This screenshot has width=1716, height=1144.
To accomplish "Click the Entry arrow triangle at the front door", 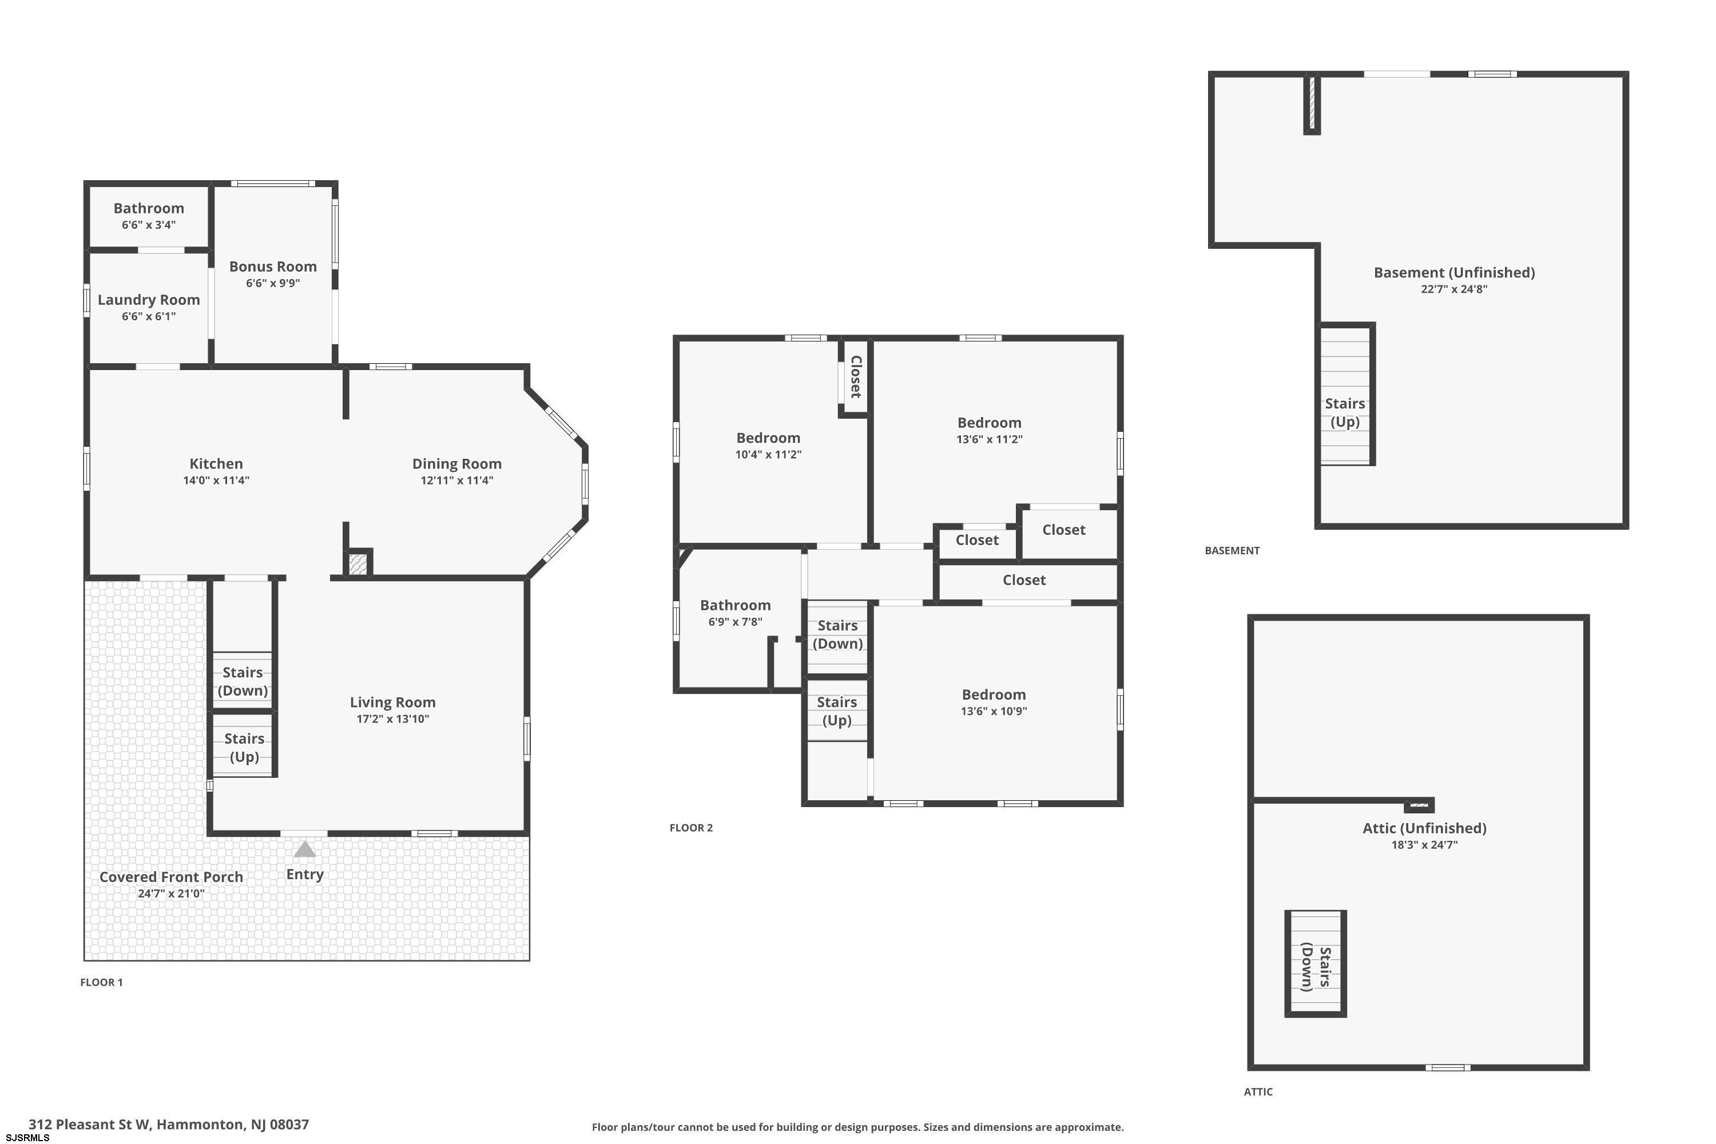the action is click(305, 849).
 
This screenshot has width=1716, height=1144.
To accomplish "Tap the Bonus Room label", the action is click(273, 267).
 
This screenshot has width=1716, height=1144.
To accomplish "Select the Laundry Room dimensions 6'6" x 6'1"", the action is click(149, 316).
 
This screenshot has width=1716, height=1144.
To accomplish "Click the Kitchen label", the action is click(216, 463).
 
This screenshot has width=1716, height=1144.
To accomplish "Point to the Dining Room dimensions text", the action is click(456, 480).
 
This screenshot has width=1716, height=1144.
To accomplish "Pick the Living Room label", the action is click(392, 702).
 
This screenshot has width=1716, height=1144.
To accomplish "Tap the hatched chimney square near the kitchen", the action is click(357, 564).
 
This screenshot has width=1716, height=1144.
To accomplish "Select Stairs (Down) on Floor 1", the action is click(243, 681).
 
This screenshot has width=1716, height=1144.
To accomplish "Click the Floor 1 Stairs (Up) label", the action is click(244, 748).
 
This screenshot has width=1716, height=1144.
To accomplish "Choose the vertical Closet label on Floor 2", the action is click(856, 376).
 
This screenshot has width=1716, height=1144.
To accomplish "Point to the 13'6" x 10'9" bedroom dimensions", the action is click(994, 710).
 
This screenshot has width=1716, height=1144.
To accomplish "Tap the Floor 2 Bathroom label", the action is click(736, 605).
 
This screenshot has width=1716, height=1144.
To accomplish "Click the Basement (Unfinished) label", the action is click(1454, 272).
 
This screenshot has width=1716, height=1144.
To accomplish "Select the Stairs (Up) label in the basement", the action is click(1345, 412).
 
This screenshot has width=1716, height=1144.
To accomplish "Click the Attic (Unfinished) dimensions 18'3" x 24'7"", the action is click(1424, 845).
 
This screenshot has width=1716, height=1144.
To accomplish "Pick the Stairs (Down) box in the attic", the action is click(1316, 963).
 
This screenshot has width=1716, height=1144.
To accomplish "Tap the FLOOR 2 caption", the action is click(691, 827).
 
